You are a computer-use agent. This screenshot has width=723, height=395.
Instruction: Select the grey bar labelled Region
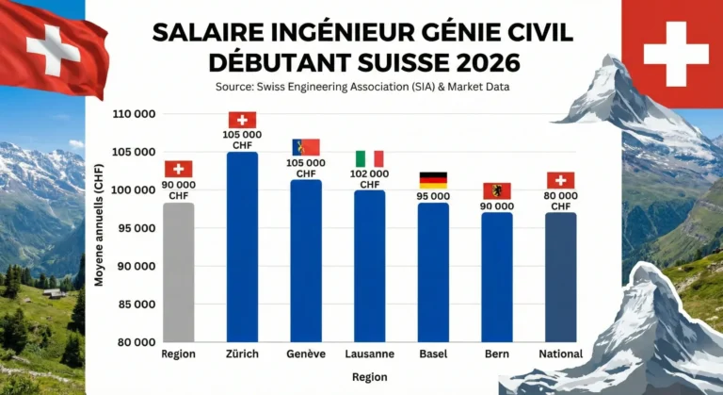click(x=178, y=272)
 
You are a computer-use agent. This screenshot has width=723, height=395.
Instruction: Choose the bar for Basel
click(x=433, y=272)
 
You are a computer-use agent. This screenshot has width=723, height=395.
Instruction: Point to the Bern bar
click(x=497, y=277)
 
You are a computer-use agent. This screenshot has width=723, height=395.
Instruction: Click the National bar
click(x=560, y=277)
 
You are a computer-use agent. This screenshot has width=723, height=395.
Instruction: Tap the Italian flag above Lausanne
click(x=369, y=158)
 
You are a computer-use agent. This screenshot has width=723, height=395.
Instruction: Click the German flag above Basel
click(x=433, y=180)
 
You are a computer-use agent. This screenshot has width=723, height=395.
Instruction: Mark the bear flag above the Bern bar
click(x=497, y=190)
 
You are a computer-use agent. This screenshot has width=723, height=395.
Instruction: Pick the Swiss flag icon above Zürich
click(x=242, y=120)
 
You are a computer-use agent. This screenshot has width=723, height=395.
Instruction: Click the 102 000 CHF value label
click(x=369, y=179)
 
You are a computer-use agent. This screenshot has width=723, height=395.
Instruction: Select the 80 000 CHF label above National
click(x=560, y=201)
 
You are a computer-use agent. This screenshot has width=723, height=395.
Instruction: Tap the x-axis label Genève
click(x=306, y=354)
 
